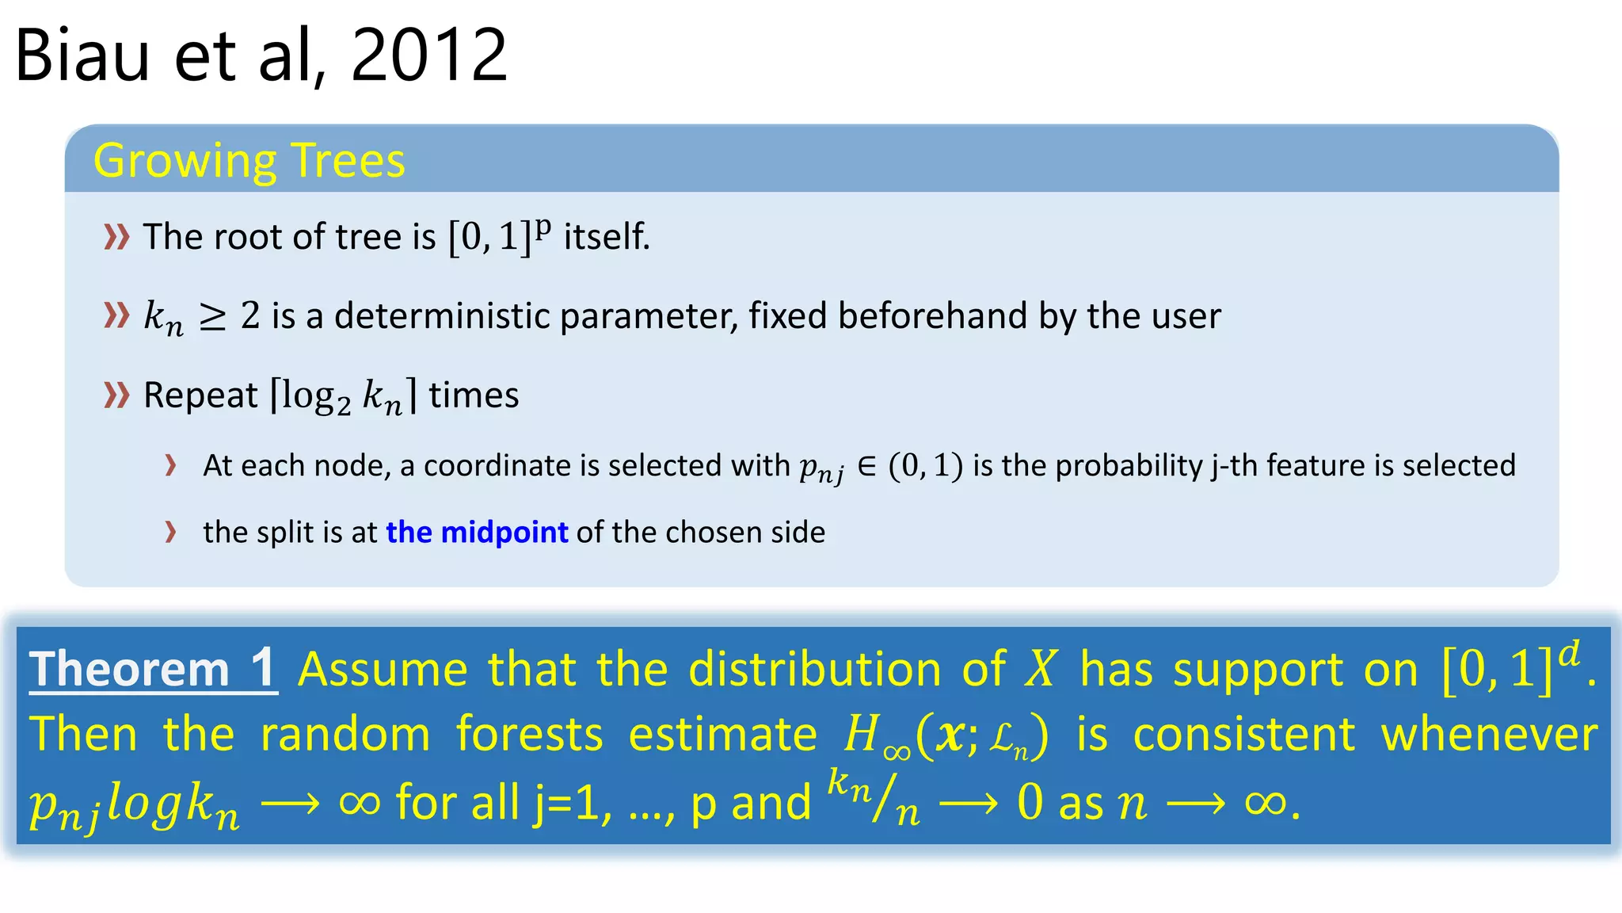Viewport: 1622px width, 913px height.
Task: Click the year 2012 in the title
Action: coord(428,55)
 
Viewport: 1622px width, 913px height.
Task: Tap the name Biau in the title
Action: coord(82,55)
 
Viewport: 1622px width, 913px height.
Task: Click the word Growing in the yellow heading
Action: coord(184,162)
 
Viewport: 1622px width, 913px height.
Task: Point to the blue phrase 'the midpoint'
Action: coord(477,532)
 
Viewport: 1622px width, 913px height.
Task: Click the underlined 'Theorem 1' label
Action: coord(153,669)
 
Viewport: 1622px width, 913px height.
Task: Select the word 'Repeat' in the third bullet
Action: coord(200,395)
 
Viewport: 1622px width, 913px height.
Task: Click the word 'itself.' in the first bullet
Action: coord(607,236)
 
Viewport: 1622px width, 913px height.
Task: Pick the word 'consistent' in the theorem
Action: coord(1244,734)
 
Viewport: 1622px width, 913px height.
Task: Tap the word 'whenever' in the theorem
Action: coord(1489,734)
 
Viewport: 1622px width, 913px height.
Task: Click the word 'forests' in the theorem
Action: coord(529,734)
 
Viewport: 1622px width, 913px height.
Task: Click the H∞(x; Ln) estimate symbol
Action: coord(946,735)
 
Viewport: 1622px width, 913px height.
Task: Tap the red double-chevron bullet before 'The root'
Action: coord(116,236)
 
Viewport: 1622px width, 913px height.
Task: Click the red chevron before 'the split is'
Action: coord(170,531)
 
